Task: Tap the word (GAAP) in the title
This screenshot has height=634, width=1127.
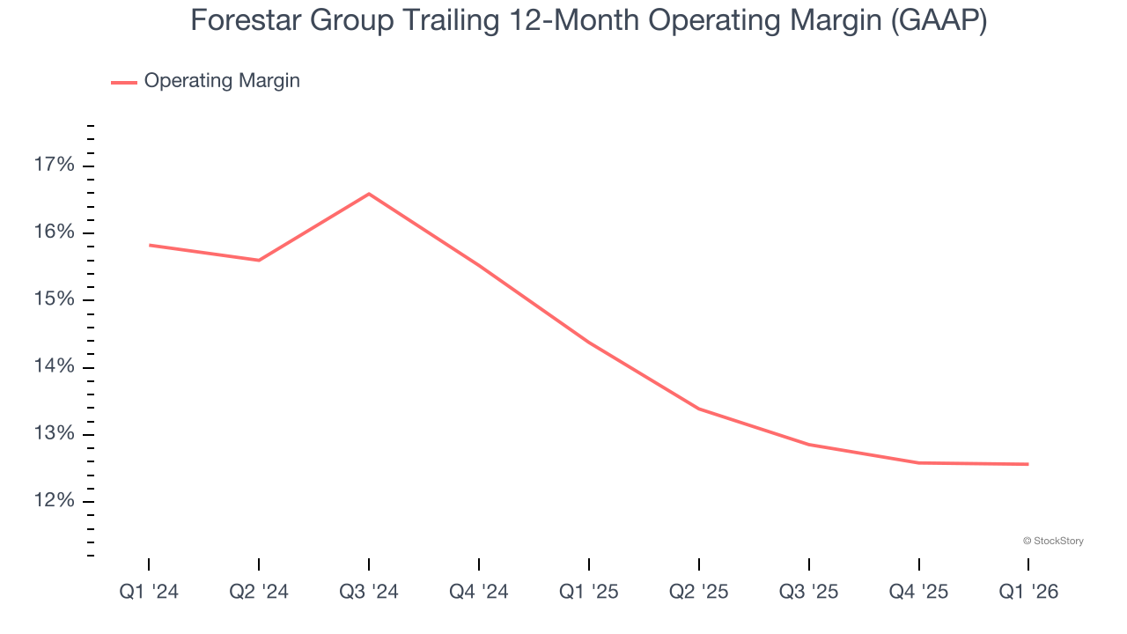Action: pos(938,21)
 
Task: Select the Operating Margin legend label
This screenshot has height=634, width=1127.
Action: pos(222,81)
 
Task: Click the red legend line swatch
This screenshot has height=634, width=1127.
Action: pos(124,82)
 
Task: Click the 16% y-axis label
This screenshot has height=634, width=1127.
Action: pos(55,232)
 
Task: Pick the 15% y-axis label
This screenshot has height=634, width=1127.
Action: pos(55,299)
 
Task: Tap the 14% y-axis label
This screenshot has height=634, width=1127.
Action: pos(55,367)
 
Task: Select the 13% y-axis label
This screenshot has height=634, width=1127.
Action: pos(55,434)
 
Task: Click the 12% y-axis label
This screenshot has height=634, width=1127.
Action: pos(55,501)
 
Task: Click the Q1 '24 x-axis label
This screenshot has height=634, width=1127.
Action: pos(149,592)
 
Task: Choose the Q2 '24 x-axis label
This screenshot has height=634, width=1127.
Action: pos(259,592)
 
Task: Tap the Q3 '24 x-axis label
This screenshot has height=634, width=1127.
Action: pos(369,592)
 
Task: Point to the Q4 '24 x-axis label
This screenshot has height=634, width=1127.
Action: pos(479,592)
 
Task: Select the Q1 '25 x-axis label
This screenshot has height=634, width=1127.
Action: pos(589,592)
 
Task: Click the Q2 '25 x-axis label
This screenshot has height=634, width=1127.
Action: pos(699,592)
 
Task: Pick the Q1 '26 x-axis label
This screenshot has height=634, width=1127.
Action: pos(1028,592)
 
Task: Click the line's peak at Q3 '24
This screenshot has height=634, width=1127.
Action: pos(369,194)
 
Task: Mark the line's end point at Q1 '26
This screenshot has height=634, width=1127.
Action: pos(1028,464)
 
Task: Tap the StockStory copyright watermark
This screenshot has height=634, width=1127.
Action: pos(1053,541)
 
